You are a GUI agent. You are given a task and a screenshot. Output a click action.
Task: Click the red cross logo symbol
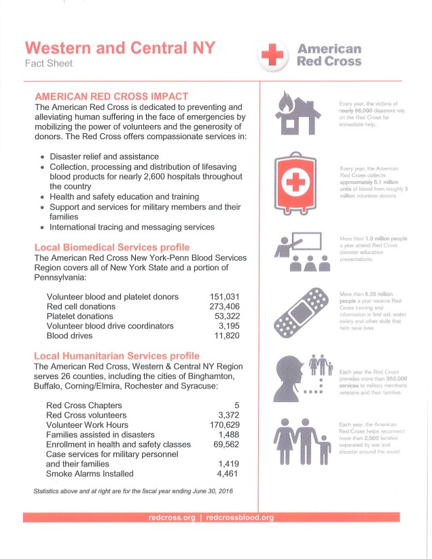[272, 54]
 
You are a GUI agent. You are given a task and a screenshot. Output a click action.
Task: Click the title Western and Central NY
[120, 48]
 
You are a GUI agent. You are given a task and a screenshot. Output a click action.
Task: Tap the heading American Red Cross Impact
[111, 96]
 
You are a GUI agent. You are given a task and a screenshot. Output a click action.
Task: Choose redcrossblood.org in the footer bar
[240, 518]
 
